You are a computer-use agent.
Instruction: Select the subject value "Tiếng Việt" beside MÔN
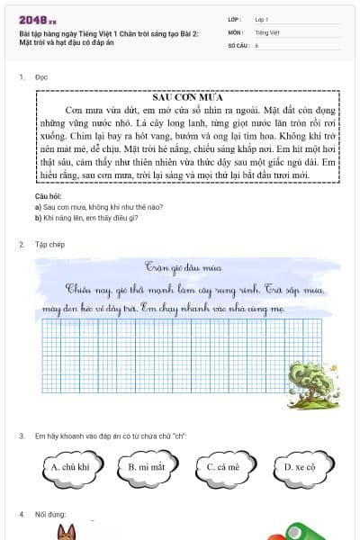[x=267, y=31]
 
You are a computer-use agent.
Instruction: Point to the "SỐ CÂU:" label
[x=238, y=44]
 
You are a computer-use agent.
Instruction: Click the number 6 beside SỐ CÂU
[x=256, y=44]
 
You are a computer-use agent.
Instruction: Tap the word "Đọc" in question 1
[x=41, y=77]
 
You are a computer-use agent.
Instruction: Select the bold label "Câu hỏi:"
[x=48, y=195]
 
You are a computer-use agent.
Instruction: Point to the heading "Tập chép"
[x=49, y=244]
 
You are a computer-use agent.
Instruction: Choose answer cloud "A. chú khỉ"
[x=69, y=467]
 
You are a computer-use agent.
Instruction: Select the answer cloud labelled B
[x=147, y=467]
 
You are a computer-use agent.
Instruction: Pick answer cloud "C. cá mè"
[x=222, y=467]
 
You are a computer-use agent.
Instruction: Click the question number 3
[x=21, y=436]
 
